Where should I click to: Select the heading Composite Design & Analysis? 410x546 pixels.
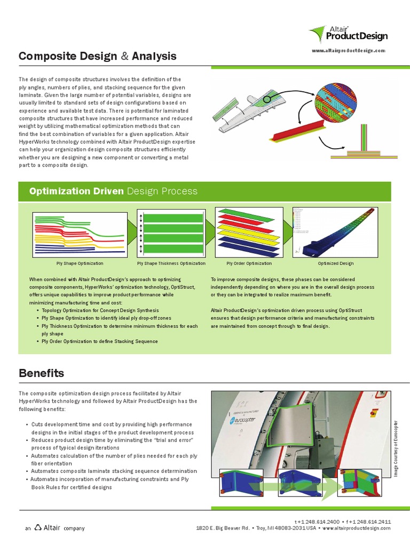tap(97, 56)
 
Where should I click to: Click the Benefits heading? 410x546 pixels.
tap(41, 373)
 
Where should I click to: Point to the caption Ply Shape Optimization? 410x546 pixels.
tap(80, 263)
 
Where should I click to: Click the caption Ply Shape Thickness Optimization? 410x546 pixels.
tap(171, 263)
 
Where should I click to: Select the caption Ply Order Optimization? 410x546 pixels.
tap(249, 263)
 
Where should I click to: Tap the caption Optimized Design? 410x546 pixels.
tap(335, 263)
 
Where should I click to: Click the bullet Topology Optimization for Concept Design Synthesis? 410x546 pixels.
tap(100, 310)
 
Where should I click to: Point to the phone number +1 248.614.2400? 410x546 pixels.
tap(317, 521)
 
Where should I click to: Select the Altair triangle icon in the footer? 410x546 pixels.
tap(38, 527)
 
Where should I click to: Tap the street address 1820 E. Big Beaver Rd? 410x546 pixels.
tap(223, 528)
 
